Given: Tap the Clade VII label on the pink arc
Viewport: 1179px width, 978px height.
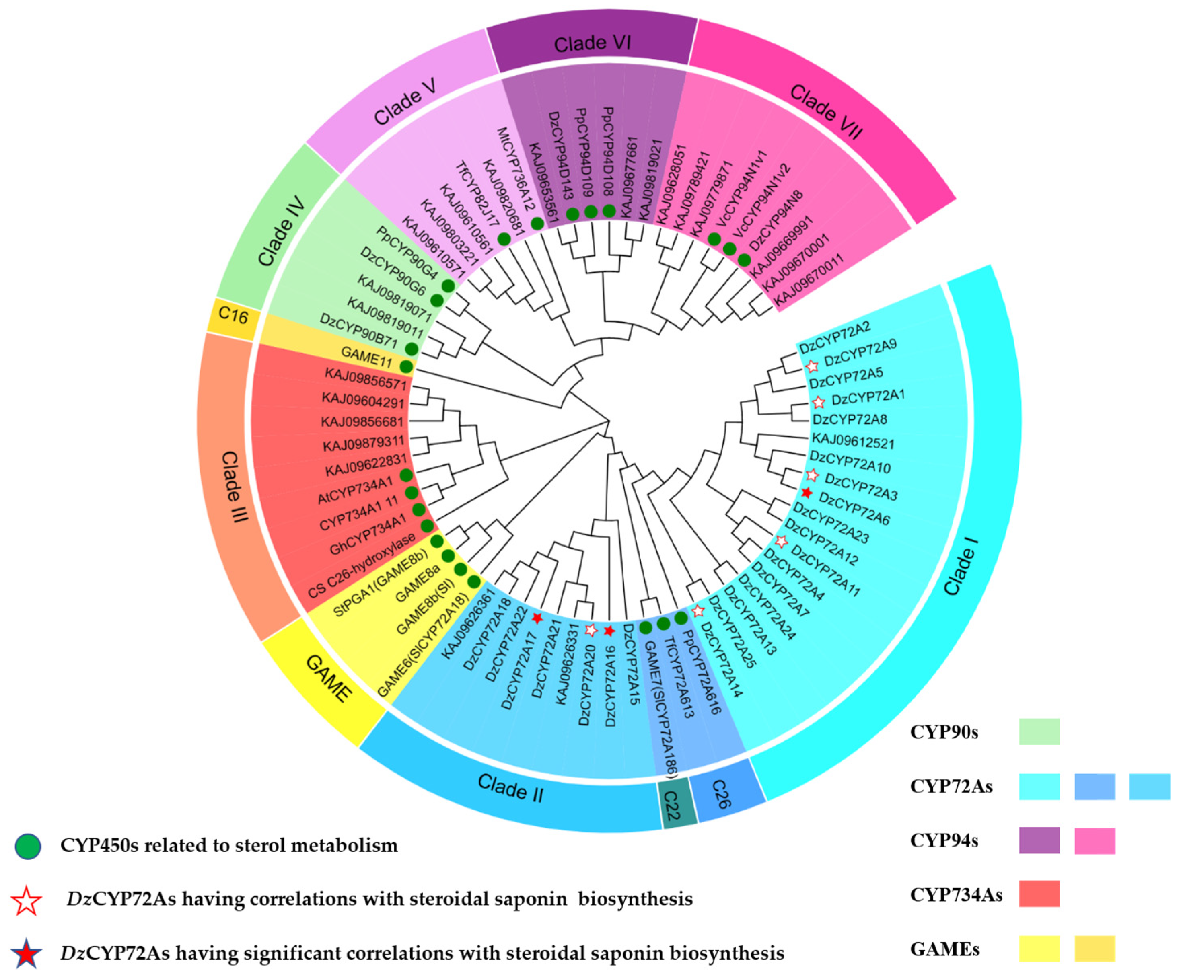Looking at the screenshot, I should [826, 112].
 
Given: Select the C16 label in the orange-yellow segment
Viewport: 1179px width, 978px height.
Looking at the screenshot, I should [233, 316].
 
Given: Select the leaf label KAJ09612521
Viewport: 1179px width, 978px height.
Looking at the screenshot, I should [853, 442].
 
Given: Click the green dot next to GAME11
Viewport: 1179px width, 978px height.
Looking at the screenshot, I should [406, 367].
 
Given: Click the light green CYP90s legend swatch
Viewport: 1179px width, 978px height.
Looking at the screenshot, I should [1039, 731].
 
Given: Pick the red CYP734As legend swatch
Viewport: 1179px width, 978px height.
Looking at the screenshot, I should [1039, 894].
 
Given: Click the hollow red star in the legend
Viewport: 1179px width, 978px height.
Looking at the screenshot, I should [27, 900].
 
